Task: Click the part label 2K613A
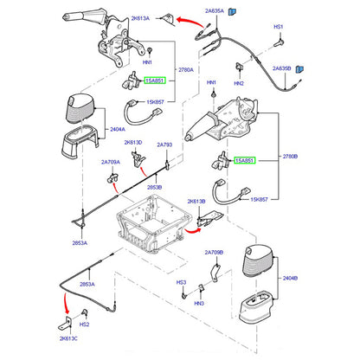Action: (x=140, y=18)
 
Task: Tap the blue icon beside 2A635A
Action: (x=232, y=11)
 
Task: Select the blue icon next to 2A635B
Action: (x=299, y=69)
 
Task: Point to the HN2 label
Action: (x=239, y=83)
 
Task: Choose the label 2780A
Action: (x=186, y=70)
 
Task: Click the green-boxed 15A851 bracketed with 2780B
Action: (x=245, y=160)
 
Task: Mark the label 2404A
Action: (x=118, y=129)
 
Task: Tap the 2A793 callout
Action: (x=164, y=145)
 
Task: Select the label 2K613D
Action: (x=133, y=143)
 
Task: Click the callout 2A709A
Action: (x=111, y=162)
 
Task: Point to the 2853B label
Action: (x=155, y=187)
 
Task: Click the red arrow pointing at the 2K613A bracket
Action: (x=190, y=22)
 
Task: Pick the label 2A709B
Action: (x=214, y=253)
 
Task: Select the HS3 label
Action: (x=181, y=282)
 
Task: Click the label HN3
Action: (x=199, y=303)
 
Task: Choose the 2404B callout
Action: (x=290, y=278)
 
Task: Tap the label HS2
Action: (x=84, y=325)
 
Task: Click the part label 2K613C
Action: (x=68, y=338)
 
